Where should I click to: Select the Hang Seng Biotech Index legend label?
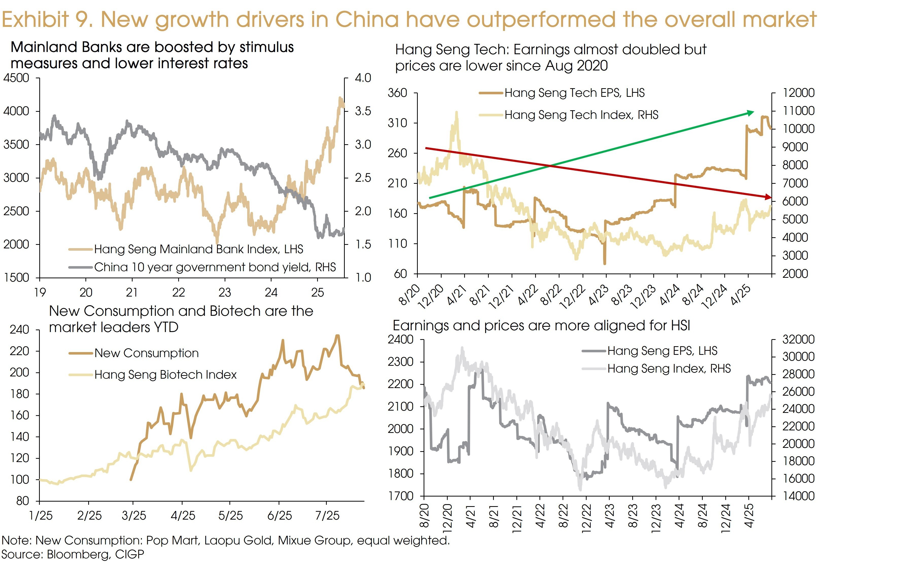pos(165,375)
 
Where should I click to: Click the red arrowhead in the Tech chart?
pos(768,197)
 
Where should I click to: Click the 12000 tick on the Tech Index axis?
pos(798,93)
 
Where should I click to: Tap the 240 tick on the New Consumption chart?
pos(19,329)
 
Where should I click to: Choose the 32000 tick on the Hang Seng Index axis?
pos(798,339)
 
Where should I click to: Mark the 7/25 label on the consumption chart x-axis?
pos(327,516)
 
